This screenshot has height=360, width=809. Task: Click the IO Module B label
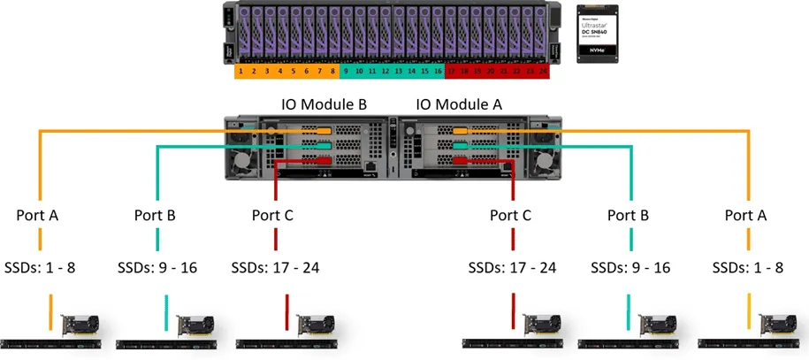pos(324,103)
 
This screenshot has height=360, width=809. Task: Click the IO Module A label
pos(459,103)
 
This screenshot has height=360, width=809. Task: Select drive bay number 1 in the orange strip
pos(240,70)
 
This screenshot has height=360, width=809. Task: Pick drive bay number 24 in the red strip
pos(543,70)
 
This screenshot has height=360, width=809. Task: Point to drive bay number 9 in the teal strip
pos(346,70)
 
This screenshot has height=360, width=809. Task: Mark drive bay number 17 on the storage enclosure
pos(451,70)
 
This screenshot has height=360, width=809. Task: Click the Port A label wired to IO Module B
pos(40,214)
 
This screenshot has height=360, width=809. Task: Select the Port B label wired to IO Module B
pos(156,214)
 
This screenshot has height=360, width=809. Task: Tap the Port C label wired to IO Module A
pos(513,214)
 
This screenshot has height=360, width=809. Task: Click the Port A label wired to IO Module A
pos(746,214)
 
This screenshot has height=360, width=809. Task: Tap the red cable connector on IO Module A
pos(460,163)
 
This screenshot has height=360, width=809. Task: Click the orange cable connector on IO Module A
pos(460,132)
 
